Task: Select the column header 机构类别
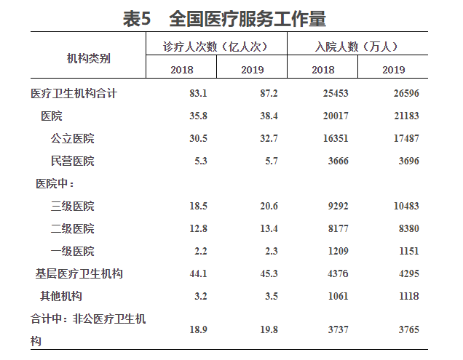pyautogui.click(x=89, y=57)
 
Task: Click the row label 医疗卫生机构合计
pyautogui.click(x=74, y=94)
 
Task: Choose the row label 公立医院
pyautogui.click(x=73, y=138)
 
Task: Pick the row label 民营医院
pyautogui.click(x=73, y=161)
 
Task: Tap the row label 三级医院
pyautogui.click(x=73, y=207)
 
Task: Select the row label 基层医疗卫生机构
pyautogui.click(x=79, y=273)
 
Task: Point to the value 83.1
pyautogui.click(x=198, y=94)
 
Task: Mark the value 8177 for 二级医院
pyautogui.click(x=336, y=229)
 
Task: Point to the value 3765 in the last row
pyautogui.click(x=406, y=329)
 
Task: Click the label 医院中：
pyautogui.click(x=55, y=183)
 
